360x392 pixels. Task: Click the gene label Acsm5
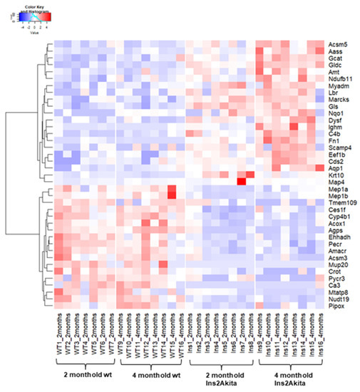(x=337, y=43)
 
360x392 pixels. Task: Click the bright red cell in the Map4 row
(x=241, y=181)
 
